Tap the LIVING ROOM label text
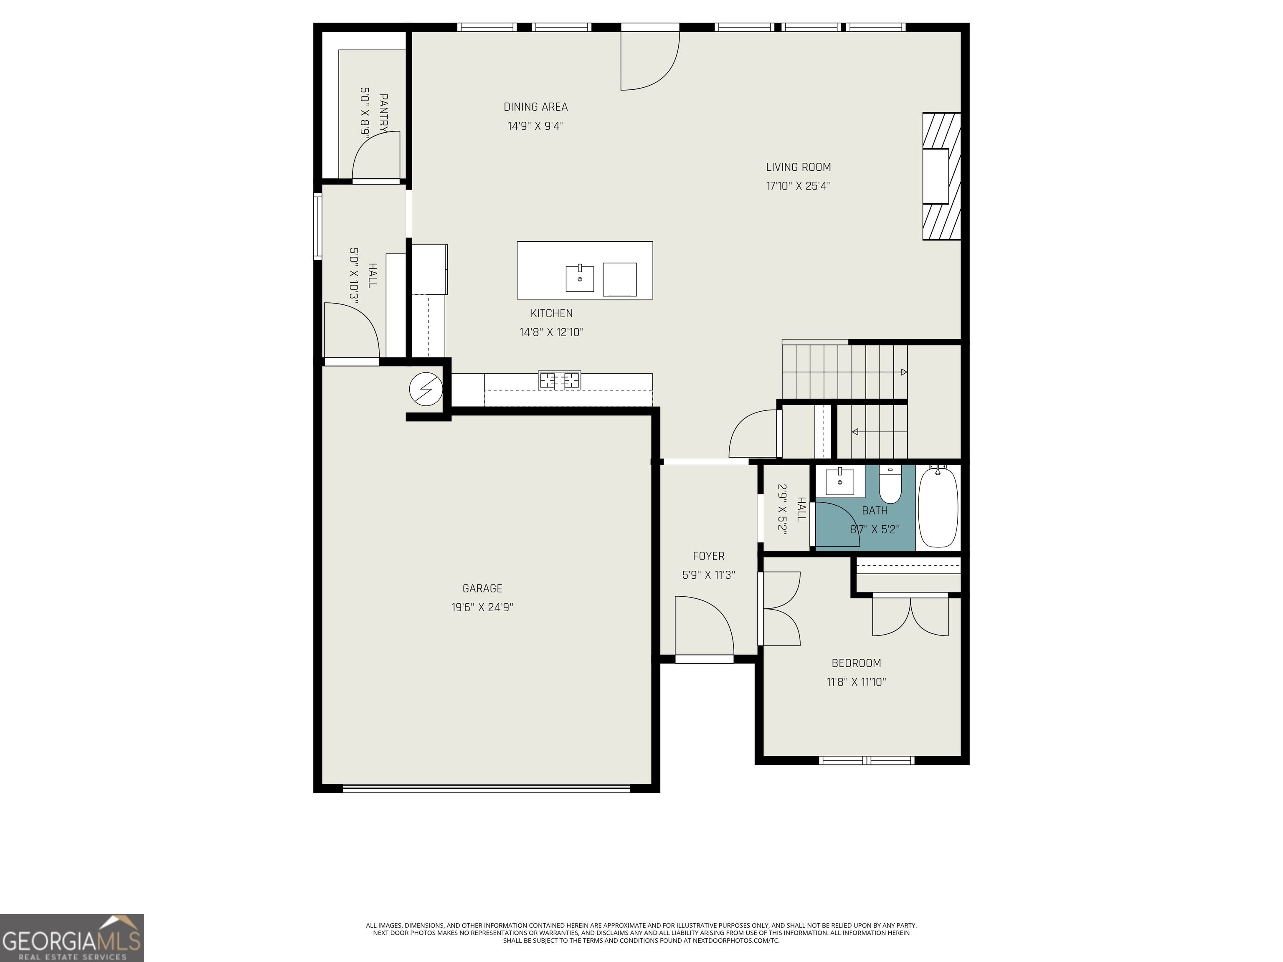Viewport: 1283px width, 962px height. pyautogui.click(x=798, y=167)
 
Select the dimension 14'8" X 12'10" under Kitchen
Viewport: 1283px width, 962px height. pyautogui.click(x=551, y=332)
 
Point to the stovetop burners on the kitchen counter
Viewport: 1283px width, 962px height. pyautogui.click(x=559, y=380)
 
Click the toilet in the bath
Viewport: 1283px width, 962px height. pyautogui.click(x=890, y=486)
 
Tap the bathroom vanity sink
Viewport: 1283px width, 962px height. pyautogui.click(x=839, y=481)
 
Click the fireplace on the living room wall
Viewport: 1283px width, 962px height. pyautogui.click(x=941, y=176)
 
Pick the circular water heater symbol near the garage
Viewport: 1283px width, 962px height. pyautogui.click(x=426, y=388)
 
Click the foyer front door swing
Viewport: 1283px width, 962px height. pyautogui.click(x=704, y=626)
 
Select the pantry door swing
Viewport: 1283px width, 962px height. pyautogui.click(x=376, y=155)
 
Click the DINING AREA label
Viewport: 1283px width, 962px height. pyautogui.click(x=535, y=107)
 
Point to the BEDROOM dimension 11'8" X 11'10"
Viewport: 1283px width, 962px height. pyautogui.click(x=856, y=682)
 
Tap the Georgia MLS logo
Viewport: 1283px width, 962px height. pyautogui.click(x=71, y=938)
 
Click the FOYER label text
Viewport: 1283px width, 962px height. pyautogui.click(x=708, y=556)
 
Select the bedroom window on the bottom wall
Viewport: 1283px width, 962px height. pyautogui.click(x=867, y=760)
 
